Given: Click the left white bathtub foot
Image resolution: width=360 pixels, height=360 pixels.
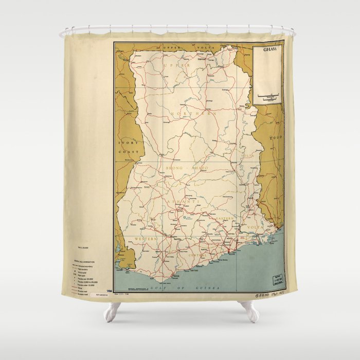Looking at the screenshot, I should click(113, 311).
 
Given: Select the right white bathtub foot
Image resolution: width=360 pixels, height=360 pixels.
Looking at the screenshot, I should click(249, 311).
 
